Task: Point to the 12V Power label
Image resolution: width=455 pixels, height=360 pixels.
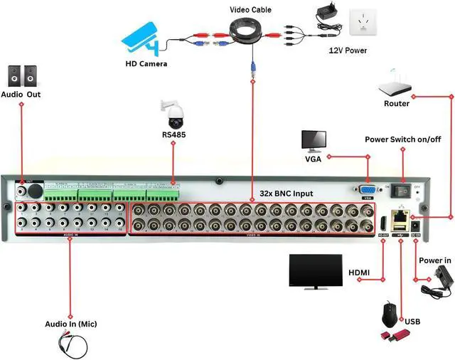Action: (x=348, y=51)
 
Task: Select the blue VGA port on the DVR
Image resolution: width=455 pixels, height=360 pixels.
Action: (x=368, y=190)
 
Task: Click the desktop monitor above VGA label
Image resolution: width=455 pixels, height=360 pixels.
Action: (x=314, y=142)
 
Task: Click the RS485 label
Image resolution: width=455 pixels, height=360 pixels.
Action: (x=173, y=133)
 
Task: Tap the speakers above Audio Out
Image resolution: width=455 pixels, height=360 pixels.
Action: (x=21, y=75)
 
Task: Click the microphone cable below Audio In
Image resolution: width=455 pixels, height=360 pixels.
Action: (x=71, y=345)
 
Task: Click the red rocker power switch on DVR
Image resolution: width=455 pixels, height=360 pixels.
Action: (x=402, y=191)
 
